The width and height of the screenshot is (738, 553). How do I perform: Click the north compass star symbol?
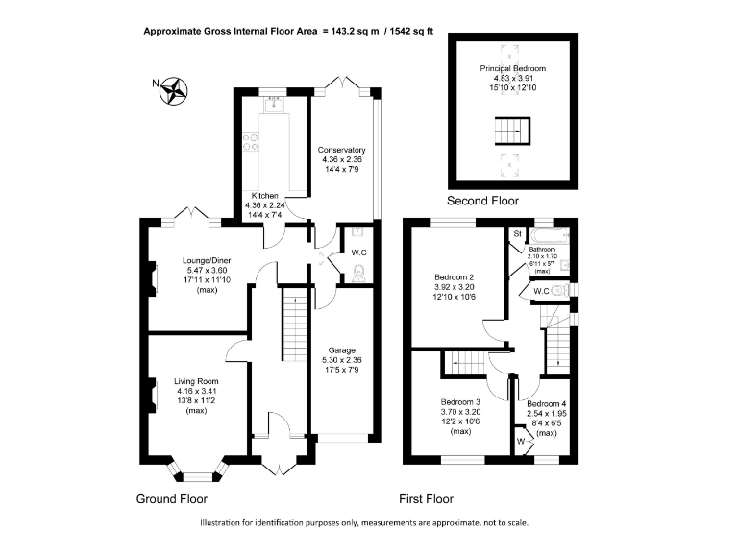[174, 91]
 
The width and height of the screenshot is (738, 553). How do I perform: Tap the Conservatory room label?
[342, 150]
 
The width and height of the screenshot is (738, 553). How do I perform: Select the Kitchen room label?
[265, 196]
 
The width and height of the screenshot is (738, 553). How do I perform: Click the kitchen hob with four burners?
[251, 142]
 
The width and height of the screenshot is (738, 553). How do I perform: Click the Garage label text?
[342, 350]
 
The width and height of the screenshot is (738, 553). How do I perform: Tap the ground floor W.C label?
[359, 253]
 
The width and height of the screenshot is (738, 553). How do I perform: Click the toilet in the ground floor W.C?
[358, 274]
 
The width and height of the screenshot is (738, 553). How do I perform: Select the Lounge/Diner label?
[207, 260]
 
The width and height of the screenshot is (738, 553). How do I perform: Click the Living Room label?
[196, 381]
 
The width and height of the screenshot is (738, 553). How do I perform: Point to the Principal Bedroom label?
[513, 69]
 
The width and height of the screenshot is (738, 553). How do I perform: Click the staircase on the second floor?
[512, 131]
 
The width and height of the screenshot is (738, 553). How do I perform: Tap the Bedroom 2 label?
[455, 277]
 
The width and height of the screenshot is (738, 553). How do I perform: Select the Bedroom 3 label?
[460, 402]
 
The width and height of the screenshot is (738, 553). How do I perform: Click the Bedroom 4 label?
[547, 404]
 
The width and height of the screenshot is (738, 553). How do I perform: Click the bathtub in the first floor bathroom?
[550, 235]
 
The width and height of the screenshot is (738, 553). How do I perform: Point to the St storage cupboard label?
[518, 233]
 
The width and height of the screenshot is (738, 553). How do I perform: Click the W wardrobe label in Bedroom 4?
[521, 442]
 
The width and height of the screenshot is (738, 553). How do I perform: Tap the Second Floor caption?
[483, 202]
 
